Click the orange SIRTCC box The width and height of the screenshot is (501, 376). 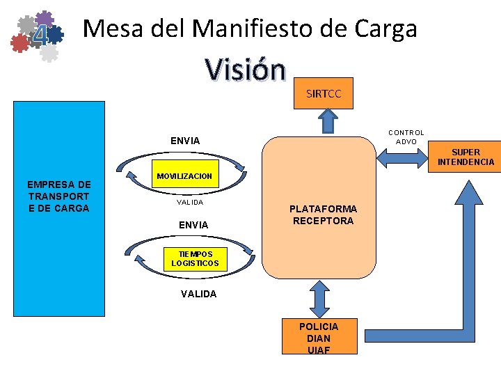pos(324,93)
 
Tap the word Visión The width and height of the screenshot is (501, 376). pos(245,69)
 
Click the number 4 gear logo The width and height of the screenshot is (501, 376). pos(39,35)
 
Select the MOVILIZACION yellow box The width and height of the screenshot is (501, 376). pos(184,176)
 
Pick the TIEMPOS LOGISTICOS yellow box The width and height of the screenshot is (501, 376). pos(195,258)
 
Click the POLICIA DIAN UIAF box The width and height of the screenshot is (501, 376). pos(319,337)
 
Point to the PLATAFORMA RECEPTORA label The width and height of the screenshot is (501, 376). pos(323,214)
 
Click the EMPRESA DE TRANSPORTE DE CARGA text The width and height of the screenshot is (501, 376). pos(58,196)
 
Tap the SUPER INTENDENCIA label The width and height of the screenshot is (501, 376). pos(466,157)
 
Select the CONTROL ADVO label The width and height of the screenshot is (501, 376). pos(406,136)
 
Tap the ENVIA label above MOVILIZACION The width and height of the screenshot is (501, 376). pos(185,141)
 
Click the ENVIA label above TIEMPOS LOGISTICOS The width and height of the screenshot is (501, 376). pos(193,225)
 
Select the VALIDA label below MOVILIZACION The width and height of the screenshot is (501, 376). pos(189,202)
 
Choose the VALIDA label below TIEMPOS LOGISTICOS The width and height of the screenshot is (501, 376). pos(198,294)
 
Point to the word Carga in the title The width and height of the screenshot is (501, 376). pos(385,29)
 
